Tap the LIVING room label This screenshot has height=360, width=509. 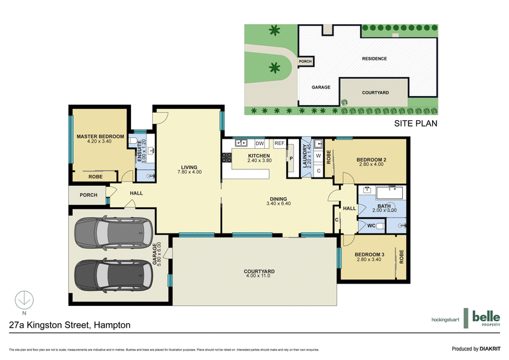[188, 167]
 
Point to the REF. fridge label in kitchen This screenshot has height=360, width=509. [279, 143]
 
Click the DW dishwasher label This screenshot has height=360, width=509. [259, 143]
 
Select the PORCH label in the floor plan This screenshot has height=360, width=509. [88, 195]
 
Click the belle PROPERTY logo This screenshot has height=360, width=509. [485, 317]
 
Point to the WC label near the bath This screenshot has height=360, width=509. [371, 225]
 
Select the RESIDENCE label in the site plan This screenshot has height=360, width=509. [374, 59]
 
